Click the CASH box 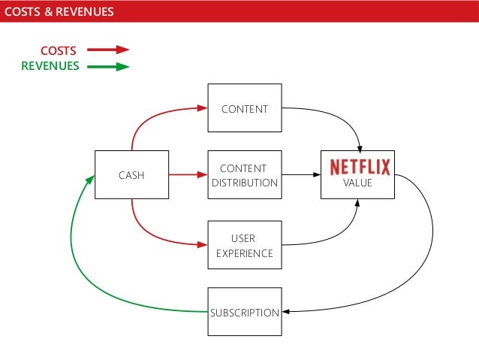point(131,175)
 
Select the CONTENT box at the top point(244,109)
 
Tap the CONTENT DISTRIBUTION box point(244,175)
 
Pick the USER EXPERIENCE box point(244,245)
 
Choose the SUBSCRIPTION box point(244,312)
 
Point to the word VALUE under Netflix point(357,183)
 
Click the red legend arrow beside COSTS point(108,50)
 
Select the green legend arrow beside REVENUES point(108,66)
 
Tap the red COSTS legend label point(58,50)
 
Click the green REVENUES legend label point(50,66)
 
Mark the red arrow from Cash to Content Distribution point(188,175)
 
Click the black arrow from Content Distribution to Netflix point(300,175)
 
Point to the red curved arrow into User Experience point(150,233)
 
